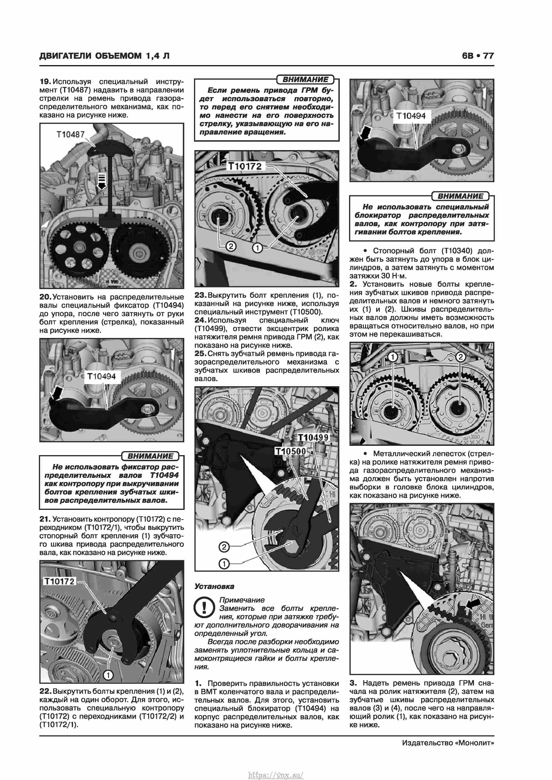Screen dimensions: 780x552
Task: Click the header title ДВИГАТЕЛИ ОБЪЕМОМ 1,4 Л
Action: (x=104, y=56)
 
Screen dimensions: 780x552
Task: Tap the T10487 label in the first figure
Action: (x=70, y=135)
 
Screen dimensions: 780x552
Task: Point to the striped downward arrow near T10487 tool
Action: (x=102, y=180)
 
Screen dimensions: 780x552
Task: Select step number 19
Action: (x=45, y=82)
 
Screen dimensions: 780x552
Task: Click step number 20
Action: (x=45, y=297)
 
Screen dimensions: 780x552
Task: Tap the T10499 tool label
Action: (x=313, y=437)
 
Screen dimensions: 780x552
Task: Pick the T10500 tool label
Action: (x=290, y=451)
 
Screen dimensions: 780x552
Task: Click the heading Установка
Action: (x=214, y=586)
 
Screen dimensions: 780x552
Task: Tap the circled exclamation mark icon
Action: (x=204, y=608)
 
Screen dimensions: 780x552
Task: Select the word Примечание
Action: (x=242, y=600)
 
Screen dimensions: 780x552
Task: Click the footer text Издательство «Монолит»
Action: (x=448, y=743)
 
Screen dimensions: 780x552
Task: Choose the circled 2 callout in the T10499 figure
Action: (x=224, y=547)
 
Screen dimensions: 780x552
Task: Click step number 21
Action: (x=45, y=519)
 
